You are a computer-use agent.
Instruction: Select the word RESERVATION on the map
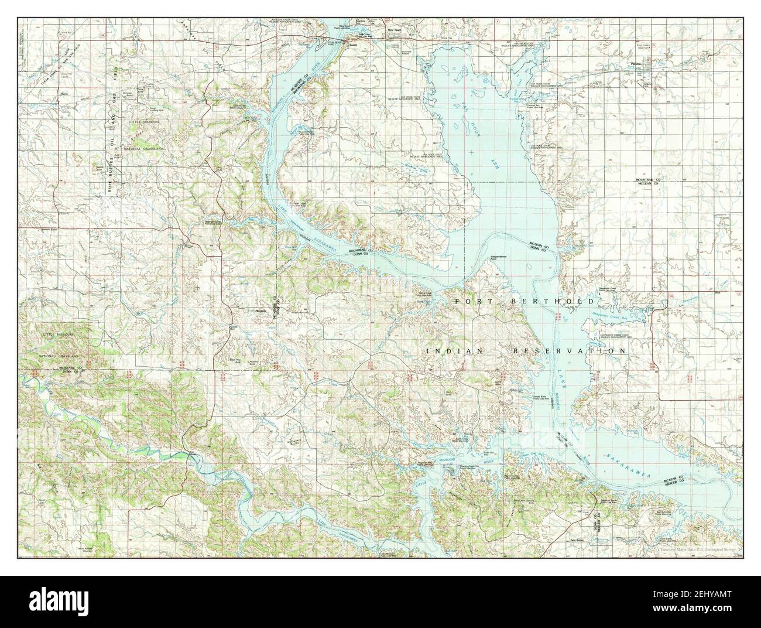(x=569, y=350)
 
